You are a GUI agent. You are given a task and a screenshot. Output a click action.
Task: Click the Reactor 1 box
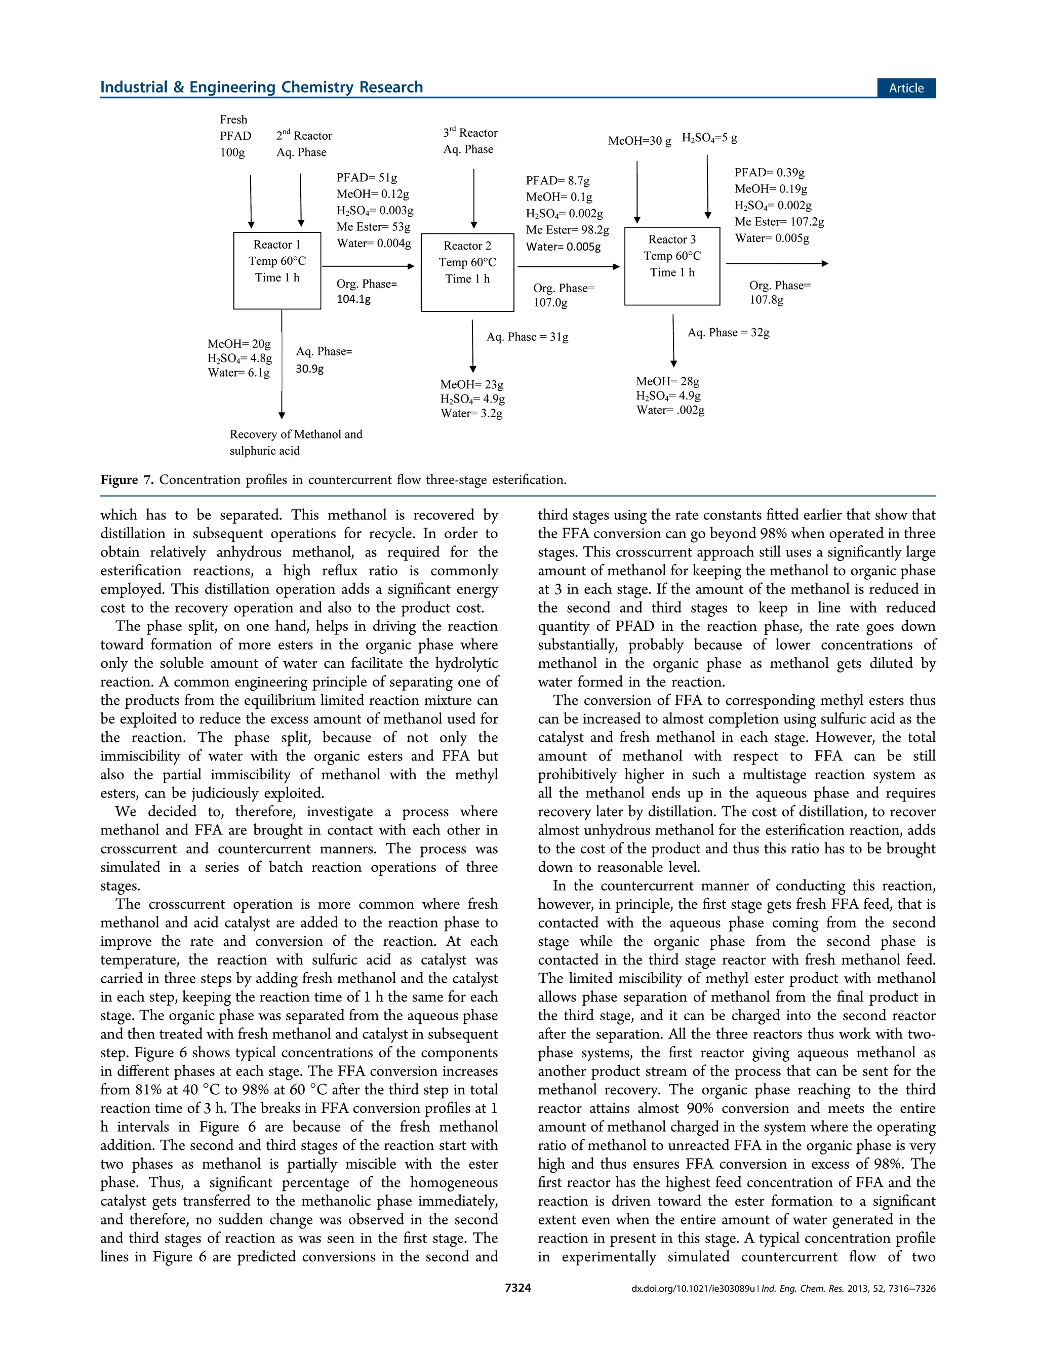(x=277, y=270)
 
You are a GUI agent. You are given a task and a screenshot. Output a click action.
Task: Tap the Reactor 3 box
(x=672, y=266)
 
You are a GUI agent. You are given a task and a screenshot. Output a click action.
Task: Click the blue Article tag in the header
(x=905, y=88)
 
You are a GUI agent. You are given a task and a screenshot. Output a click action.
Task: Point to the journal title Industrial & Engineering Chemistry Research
(x=262, y=87)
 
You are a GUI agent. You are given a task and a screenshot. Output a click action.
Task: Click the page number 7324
(x=518, y=1287)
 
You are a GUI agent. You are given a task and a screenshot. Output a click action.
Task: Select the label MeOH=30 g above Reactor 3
(x=640, y=141)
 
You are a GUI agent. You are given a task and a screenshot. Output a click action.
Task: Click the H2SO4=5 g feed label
(x=709, y=138)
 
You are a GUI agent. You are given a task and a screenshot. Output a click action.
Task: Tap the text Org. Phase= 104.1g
(x=367, y=291)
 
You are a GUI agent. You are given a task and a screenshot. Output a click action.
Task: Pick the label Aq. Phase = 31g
(x=527, y=336)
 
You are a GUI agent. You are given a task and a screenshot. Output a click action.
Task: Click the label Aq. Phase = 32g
(x=728, y=333)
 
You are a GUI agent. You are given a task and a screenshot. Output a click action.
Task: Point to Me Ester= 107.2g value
(x=779, y=222)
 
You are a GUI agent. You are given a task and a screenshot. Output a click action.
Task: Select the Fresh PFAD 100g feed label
(x=235, y=136)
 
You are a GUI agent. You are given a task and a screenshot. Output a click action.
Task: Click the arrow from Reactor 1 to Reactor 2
(x=369, y=266)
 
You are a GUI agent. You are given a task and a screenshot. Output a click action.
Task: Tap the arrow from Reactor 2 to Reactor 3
(x=568, y=266)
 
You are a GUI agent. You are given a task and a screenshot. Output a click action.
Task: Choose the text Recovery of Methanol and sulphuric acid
(x=296, y=443)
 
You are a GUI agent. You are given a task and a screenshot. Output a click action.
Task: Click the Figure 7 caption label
(x=127, y=480)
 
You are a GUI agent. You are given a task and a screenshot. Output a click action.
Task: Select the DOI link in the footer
(x=693, y=1288)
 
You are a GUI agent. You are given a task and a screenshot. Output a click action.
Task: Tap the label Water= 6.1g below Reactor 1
(x=239, y=373)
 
